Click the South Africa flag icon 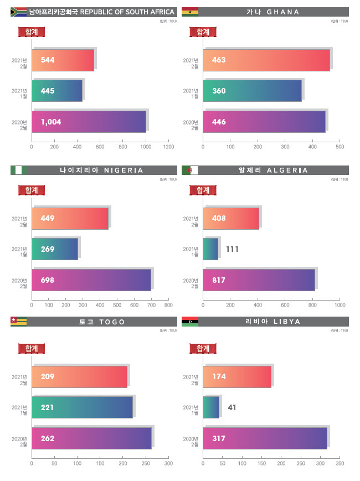tap(18, 12)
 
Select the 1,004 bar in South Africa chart tap(89, 122)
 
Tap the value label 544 tap(48, 60)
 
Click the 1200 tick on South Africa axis tap(169, 147)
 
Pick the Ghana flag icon tap(189, 12)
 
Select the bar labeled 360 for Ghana tap(253, 91)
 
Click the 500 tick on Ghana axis tap(340, 147)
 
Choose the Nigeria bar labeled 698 tap(91, 280)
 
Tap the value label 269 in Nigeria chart tap(48, 249)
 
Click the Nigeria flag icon tap(18, 170)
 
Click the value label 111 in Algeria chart tap(233, 250)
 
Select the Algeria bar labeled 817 tap(259, 280)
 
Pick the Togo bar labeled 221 tap(82, 407)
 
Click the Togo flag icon tap(18, 322)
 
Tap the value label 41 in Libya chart tap(232, 407)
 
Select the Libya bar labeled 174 tap(237, 376)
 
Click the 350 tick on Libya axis tap(340, 463)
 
